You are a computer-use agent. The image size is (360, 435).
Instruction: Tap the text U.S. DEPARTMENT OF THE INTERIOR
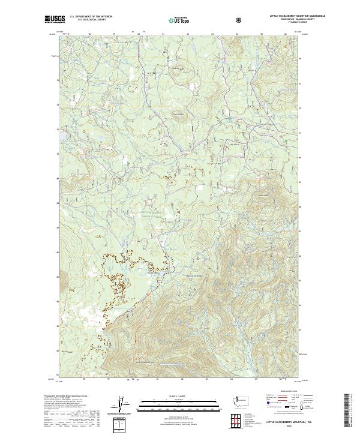pos(91,17)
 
